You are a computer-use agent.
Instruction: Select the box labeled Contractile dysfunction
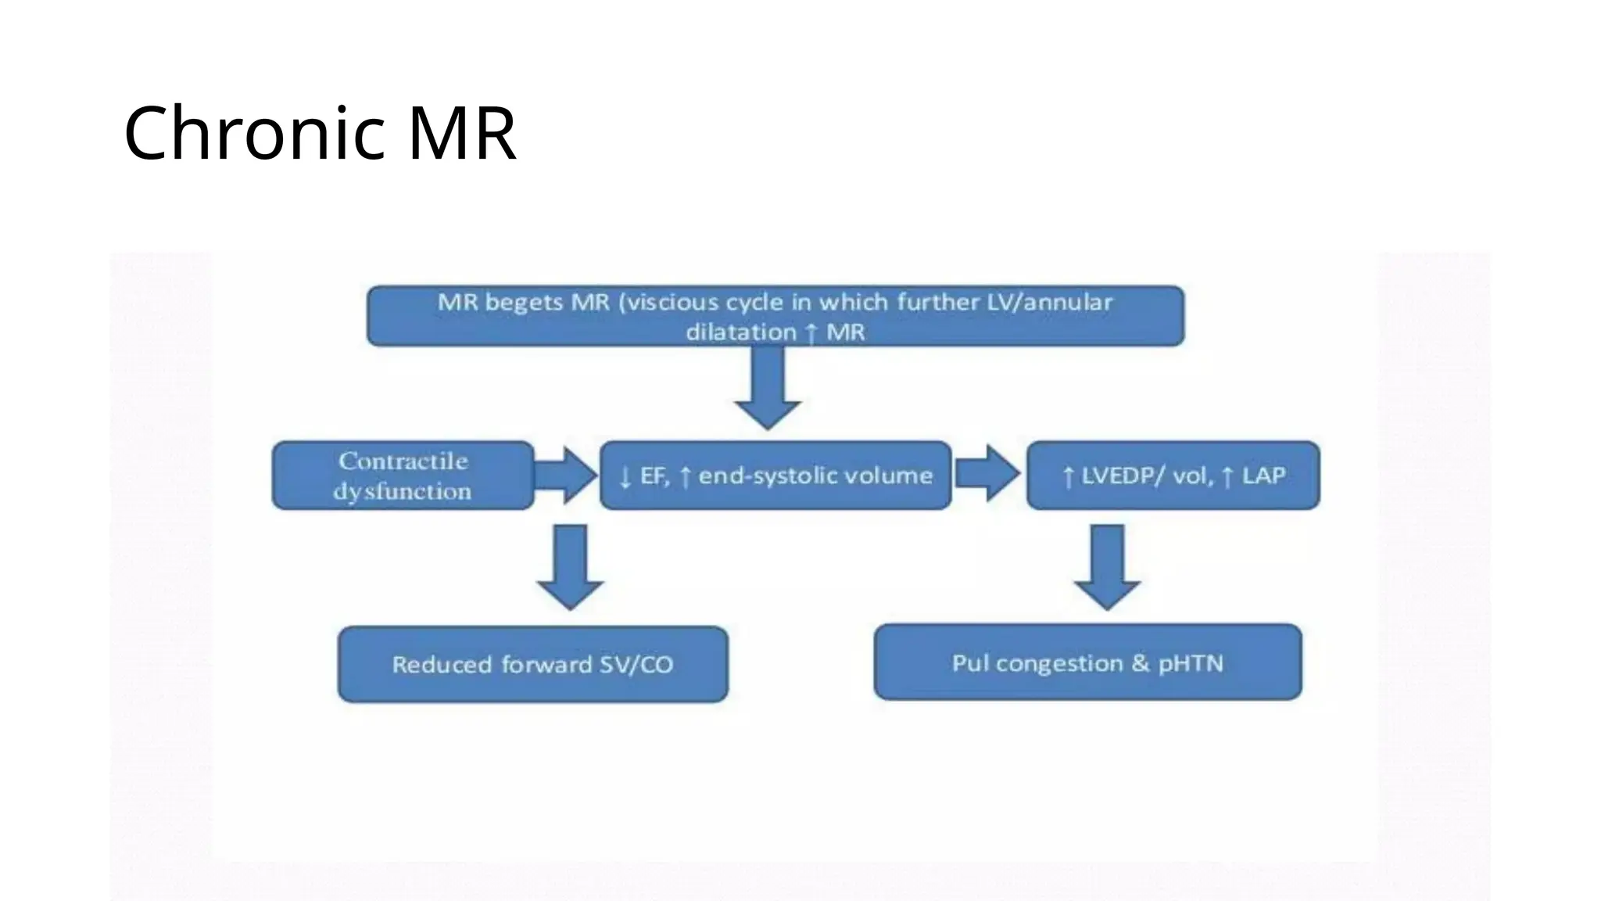[403, 476]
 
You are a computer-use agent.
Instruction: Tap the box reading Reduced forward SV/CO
[532, 664]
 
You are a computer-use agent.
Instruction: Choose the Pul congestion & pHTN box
[1087, 662]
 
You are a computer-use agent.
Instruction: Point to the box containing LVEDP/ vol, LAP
[1173, 476]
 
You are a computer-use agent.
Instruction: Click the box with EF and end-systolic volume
[775, 476]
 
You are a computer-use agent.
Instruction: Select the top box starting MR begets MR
[775, 316]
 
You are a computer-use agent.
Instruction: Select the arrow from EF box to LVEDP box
[987, 473]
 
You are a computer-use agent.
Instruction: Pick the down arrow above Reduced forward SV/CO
[570, 567]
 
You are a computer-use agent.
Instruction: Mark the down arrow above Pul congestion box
[1107, 567]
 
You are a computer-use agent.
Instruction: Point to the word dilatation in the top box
[741, 332]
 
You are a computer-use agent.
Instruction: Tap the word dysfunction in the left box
[403, 491]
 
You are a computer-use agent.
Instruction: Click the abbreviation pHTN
[1190, 663]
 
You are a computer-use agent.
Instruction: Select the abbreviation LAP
[1263, 476]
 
